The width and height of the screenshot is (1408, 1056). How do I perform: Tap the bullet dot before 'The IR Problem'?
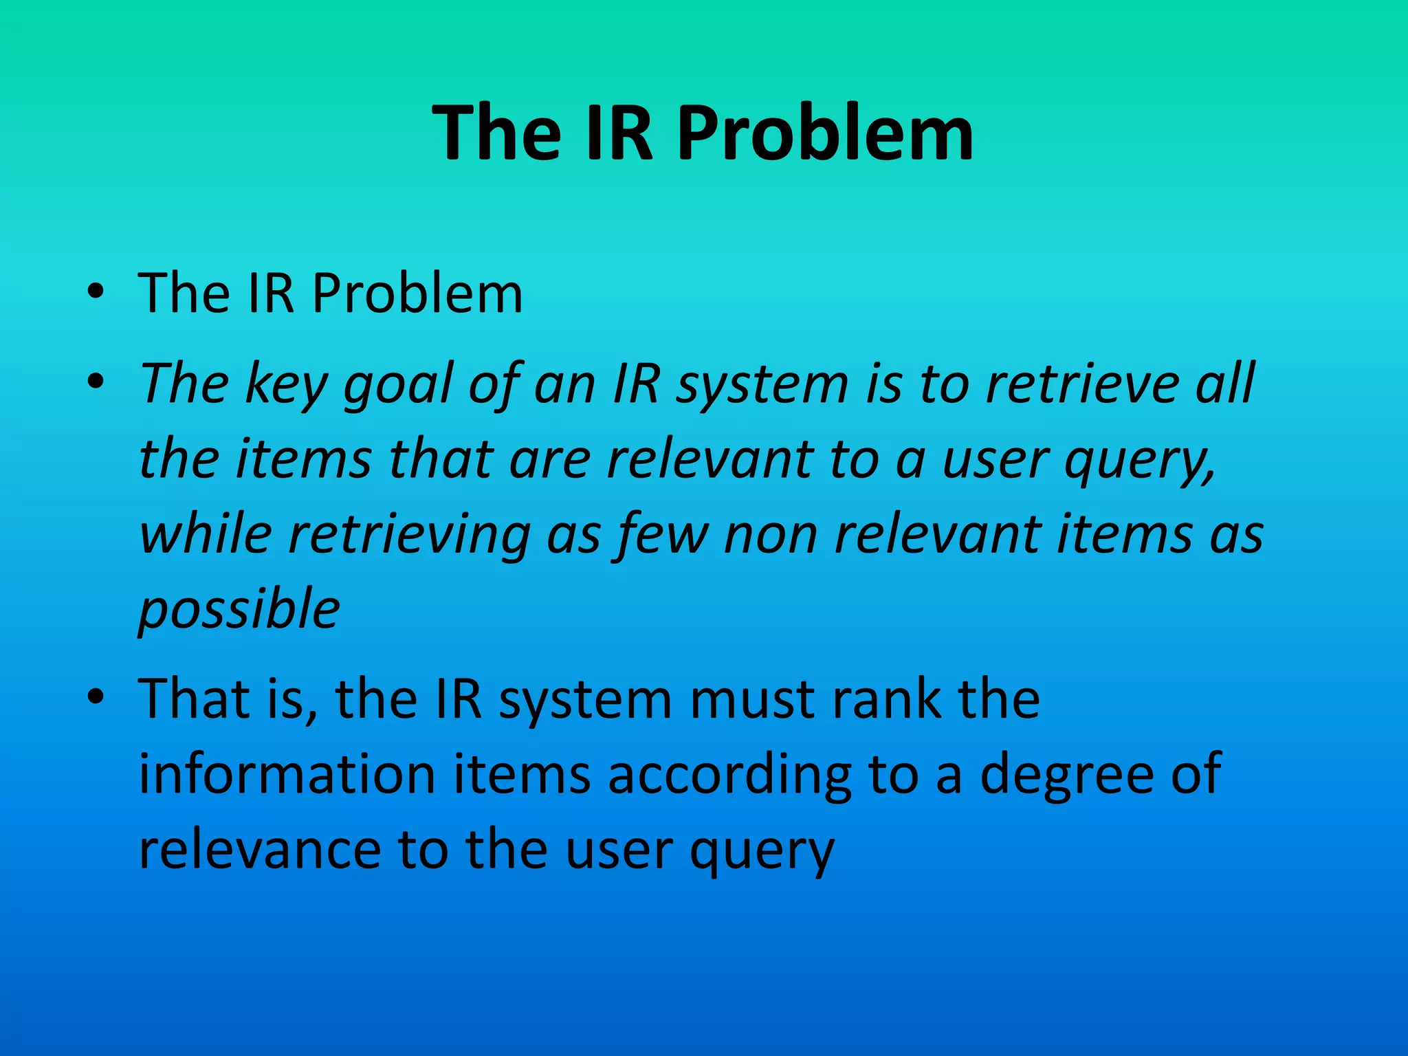96,291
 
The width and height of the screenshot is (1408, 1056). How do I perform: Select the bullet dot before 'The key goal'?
96,381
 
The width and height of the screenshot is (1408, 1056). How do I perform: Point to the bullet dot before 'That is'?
96,697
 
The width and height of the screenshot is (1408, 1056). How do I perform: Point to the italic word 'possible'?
239,610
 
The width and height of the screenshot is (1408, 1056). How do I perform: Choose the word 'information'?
287,774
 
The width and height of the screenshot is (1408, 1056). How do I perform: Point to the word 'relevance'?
259,851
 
